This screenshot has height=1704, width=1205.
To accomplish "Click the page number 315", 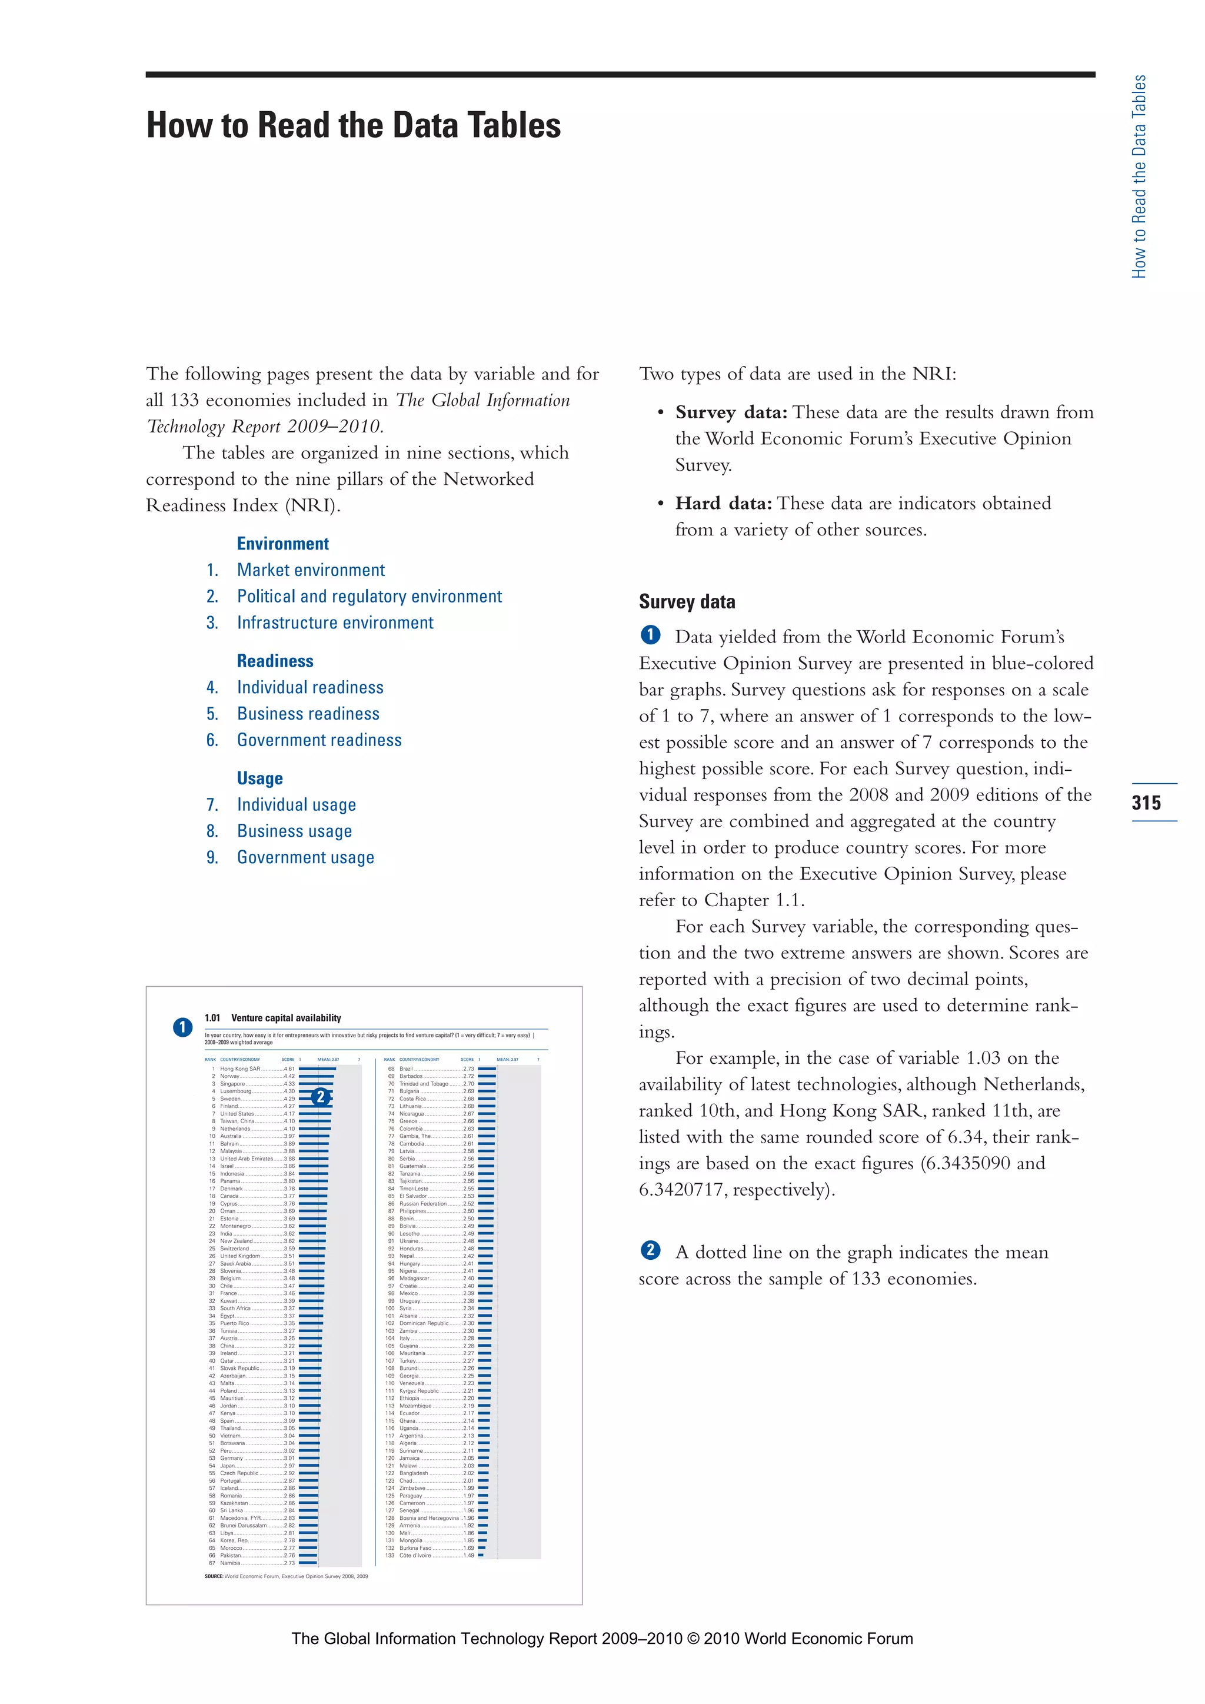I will coord(1146,802).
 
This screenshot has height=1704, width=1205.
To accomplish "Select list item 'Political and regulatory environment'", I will coord(369,597).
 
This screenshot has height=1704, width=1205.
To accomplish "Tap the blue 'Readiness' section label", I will coord(275,661).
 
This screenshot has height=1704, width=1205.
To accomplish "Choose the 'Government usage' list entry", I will coord(305,858).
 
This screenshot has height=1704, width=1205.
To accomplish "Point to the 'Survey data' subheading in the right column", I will coord(687,602).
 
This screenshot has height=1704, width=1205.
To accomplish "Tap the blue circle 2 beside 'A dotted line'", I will coord(650,1250).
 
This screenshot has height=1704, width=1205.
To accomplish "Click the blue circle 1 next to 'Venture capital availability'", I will coord(182,1027).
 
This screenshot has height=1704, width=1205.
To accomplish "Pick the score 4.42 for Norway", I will coord(289,1076).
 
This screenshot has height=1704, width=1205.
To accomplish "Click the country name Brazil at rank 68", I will coord(406,1069).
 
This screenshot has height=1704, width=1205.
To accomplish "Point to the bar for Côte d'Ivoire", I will coord(481,1555).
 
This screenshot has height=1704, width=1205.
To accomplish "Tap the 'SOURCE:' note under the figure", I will coord(214,1576).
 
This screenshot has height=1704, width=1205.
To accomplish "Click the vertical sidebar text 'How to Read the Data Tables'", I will coord(1139,177).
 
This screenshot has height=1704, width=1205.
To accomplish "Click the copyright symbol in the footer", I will coord(693,1639).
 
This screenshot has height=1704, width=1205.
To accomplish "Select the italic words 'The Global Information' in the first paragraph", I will coord(482,401).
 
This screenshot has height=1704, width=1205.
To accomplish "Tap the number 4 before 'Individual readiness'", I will coord(211,688).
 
